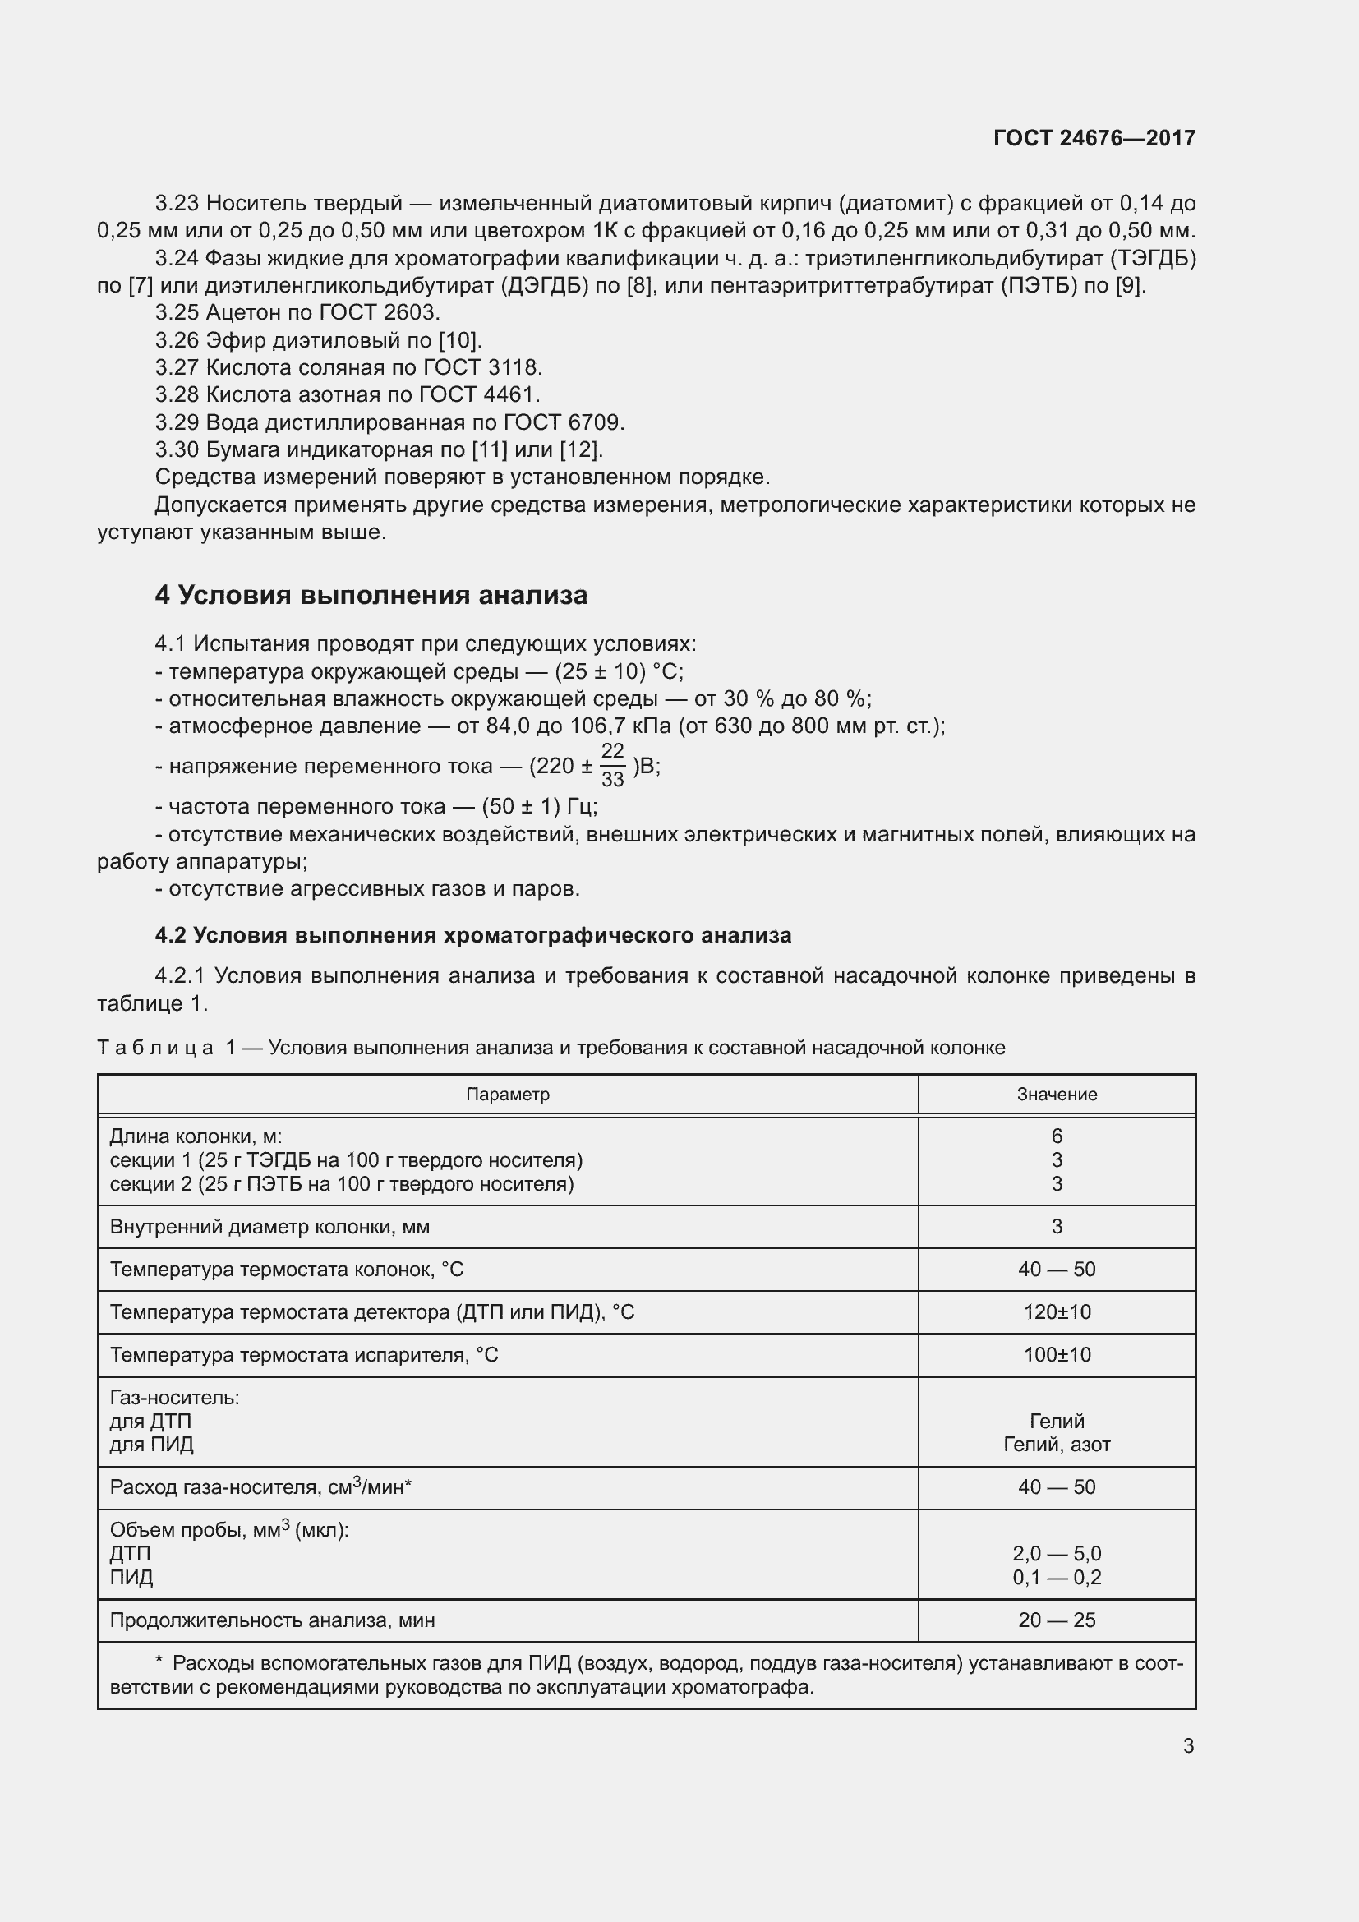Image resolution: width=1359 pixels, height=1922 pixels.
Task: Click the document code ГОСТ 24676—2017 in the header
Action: tap(1094, 138)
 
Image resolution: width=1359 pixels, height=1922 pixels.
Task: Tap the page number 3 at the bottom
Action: tap(1187, 1746)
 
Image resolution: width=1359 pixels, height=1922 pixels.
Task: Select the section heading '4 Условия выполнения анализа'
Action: tap(371, 595)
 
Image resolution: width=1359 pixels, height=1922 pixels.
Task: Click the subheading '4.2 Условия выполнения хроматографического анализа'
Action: tap(472, 935)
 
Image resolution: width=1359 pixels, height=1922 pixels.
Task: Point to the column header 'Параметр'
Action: tap(507, 1094)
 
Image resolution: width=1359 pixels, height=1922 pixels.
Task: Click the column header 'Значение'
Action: tap(1056, 1094)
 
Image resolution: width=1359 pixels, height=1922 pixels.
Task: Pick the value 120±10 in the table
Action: tap(1056, 1311)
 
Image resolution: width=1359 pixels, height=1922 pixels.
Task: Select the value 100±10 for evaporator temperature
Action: tap(1056, 1354)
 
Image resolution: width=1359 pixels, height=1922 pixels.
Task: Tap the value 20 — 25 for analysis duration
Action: tap(1056, 1620)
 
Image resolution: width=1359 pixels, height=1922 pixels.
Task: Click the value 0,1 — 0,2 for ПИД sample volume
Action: tap(1056, 1577)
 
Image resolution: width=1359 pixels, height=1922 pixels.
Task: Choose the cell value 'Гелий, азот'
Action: tap(1056, 1444)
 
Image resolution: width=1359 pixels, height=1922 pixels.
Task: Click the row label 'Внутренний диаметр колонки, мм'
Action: tap(269, 1226)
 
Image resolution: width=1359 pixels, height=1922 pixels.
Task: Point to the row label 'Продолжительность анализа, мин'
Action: tap(272, 1620)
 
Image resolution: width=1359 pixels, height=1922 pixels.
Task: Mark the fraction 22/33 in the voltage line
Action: tap(613, 765)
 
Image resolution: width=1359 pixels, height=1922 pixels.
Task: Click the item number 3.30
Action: tap(177, 449)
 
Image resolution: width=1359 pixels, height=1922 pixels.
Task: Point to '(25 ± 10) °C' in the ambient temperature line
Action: tap(619, 671)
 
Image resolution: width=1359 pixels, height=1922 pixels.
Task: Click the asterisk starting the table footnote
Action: tap(159, 1662)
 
